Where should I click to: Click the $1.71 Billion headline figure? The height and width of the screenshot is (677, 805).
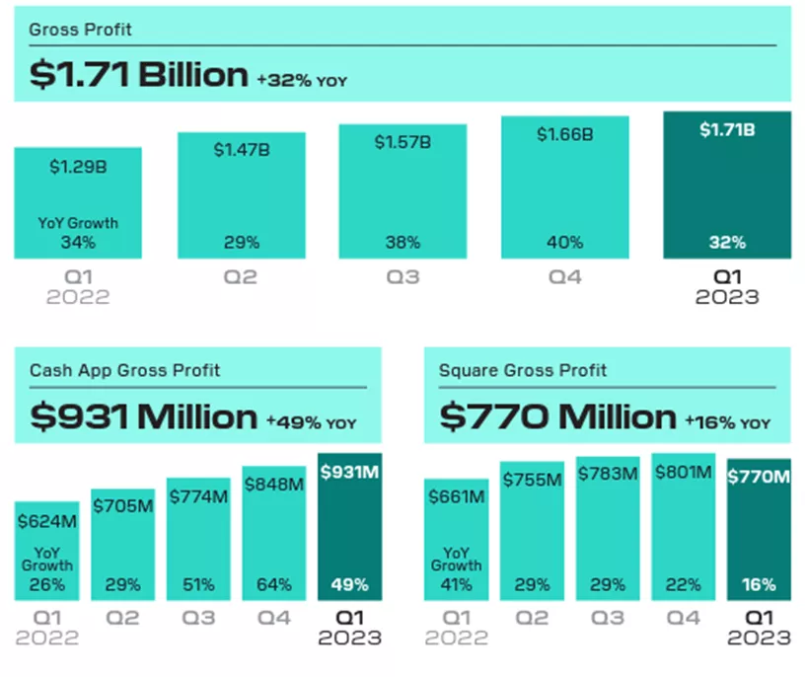(x=138, y=75)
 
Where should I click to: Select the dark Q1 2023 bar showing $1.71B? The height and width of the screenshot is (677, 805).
(x=727, y=186)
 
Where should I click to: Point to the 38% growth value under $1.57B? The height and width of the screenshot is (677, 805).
(x=402, y=242)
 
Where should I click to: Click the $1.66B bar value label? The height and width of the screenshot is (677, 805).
(x=564, y=134)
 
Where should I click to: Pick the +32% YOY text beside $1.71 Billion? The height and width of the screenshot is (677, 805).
(x=302, y=80)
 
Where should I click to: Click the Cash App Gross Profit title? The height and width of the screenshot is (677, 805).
(x=124, y=371)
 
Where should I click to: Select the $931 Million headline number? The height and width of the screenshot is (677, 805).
(x=143, y=416)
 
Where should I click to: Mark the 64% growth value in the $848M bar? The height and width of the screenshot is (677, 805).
(x=273, y=584)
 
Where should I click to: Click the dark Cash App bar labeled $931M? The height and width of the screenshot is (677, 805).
(x=349, y=527)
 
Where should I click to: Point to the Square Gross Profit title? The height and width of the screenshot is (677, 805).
(x=523, y=371)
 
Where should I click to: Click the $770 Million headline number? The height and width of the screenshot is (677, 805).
(x=557, y=416)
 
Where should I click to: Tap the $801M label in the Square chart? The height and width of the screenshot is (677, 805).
(x=683, y=474)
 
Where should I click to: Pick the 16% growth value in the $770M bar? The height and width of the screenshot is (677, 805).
(x=759, y=584)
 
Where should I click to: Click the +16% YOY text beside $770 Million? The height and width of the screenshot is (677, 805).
(x=727, y=422)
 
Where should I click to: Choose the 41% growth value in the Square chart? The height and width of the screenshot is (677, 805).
(x=456, y=584)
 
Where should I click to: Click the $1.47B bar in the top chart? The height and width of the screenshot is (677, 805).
(x=241, y=195)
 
